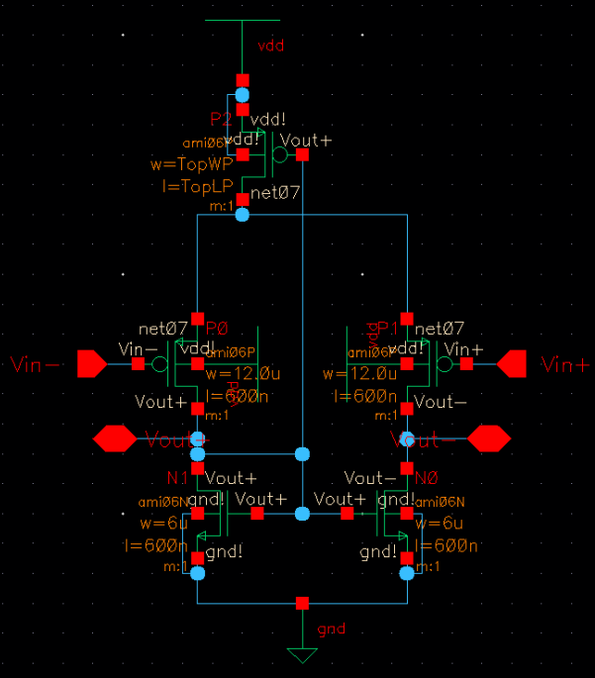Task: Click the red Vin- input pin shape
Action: pyautogui.click(x=91, y=364)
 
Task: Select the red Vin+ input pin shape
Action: pyautogui.click(x=512, y=364)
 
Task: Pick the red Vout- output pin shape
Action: pyautogui.click(x=488, y=436)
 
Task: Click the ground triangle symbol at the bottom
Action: pyautogui.click(x=302, y=655)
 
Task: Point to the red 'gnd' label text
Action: pyautogui.click(x=331, y=629)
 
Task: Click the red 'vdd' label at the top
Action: pyautogui.click(x=270, y=46)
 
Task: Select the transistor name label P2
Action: pyautogui.click(x=221, y=119)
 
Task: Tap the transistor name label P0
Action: pyautogui.click(x=217, y=328)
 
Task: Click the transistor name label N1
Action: pyautogui.click(x=177, y=478)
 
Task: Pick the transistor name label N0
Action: pyautogui.click(x=426, y=478)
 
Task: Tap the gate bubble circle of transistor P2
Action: pyautogui.click(x=280, y=154)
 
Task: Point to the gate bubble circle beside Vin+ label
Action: pyautogui.click(x=445, y=364)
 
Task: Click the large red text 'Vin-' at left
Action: pyautogui.click(x=38, y=365)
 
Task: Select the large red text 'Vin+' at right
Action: pyautogui.click(x=565, y=365)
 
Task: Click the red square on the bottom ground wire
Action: pyautogui.click(x=302, y=603)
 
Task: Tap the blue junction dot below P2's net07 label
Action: pyautogui.click(x=243, y=214)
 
